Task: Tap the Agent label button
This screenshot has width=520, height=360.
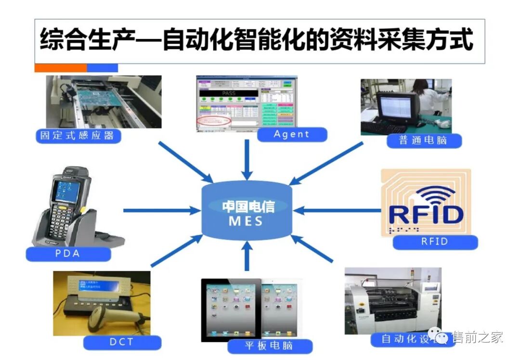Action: tap(292, 134)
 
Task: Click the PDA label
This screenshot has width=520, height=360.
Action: tap(68, 254)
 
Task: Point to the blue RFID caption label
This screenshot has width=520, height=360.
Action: tap(435, 242)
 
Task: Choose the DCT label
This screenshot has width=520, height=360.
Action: tap(121, 343)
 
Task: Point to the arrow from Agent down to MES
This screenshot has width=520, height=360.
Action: tap(247, 159)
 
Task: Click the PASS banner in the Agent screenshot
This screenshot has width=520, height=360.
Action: tap(228, 93)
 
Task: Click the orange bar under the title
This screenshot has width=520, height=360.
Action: tap(61, 68)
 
